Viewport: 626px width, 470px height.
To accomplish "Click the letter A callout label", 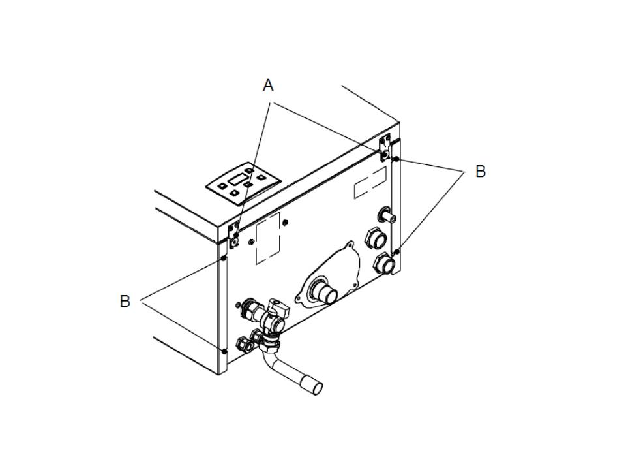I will coord(268,85).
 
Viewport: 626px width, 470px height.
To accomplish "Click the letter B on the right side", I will coord(480,172).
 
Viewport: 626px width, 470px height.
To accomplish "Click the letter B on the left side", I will coord(125,301).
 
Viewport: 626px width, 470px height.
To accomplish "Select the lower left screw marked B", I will coord(224,351).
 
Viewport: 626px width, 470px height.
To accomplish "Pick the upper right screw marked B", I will coord(397,159).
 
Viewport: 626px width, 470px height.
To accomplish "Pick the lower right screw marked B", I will coord(397,251).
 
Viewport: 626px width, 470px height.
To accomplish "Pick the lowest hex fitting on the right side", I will coord(385,264).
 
